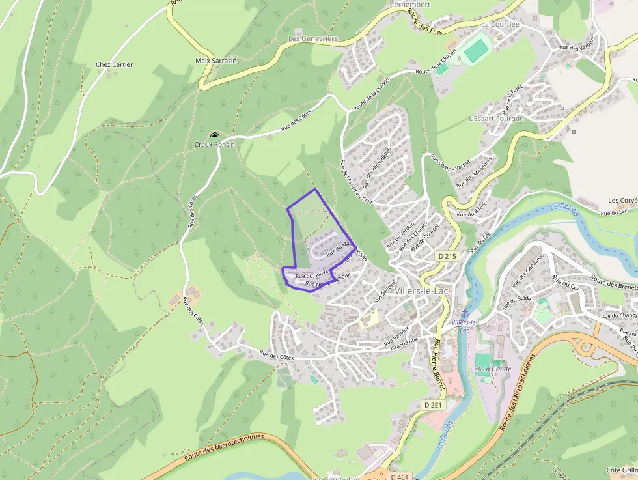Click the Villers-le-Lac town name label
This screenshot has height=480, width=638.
point(426,291)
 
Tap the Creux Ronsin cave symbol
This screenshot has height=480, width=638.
point(215,135)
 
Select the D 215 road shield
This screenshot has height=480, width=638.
point(448,256)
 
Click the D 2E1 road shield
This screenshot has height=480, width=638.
point(433,405)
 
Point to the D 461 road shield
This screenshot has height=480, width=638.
point(400,476)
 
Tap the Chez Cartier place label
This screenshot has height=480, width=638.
point(114,64)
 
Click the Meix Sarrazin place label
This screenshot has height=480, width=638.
point(216,60)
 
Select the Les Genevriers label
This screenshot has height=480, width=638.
point(313,39)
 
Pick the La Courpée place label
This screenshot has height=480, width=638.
point(500,24)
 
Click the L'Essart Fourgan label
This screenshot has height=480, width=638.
point(496,119)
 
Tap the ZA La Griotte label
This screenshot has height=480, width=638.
point(493,369)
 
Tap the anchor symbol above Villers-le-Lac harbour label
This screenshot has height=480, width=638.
point(464,314)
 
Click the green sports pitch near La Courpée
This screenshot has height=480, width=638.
point(477,50)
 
